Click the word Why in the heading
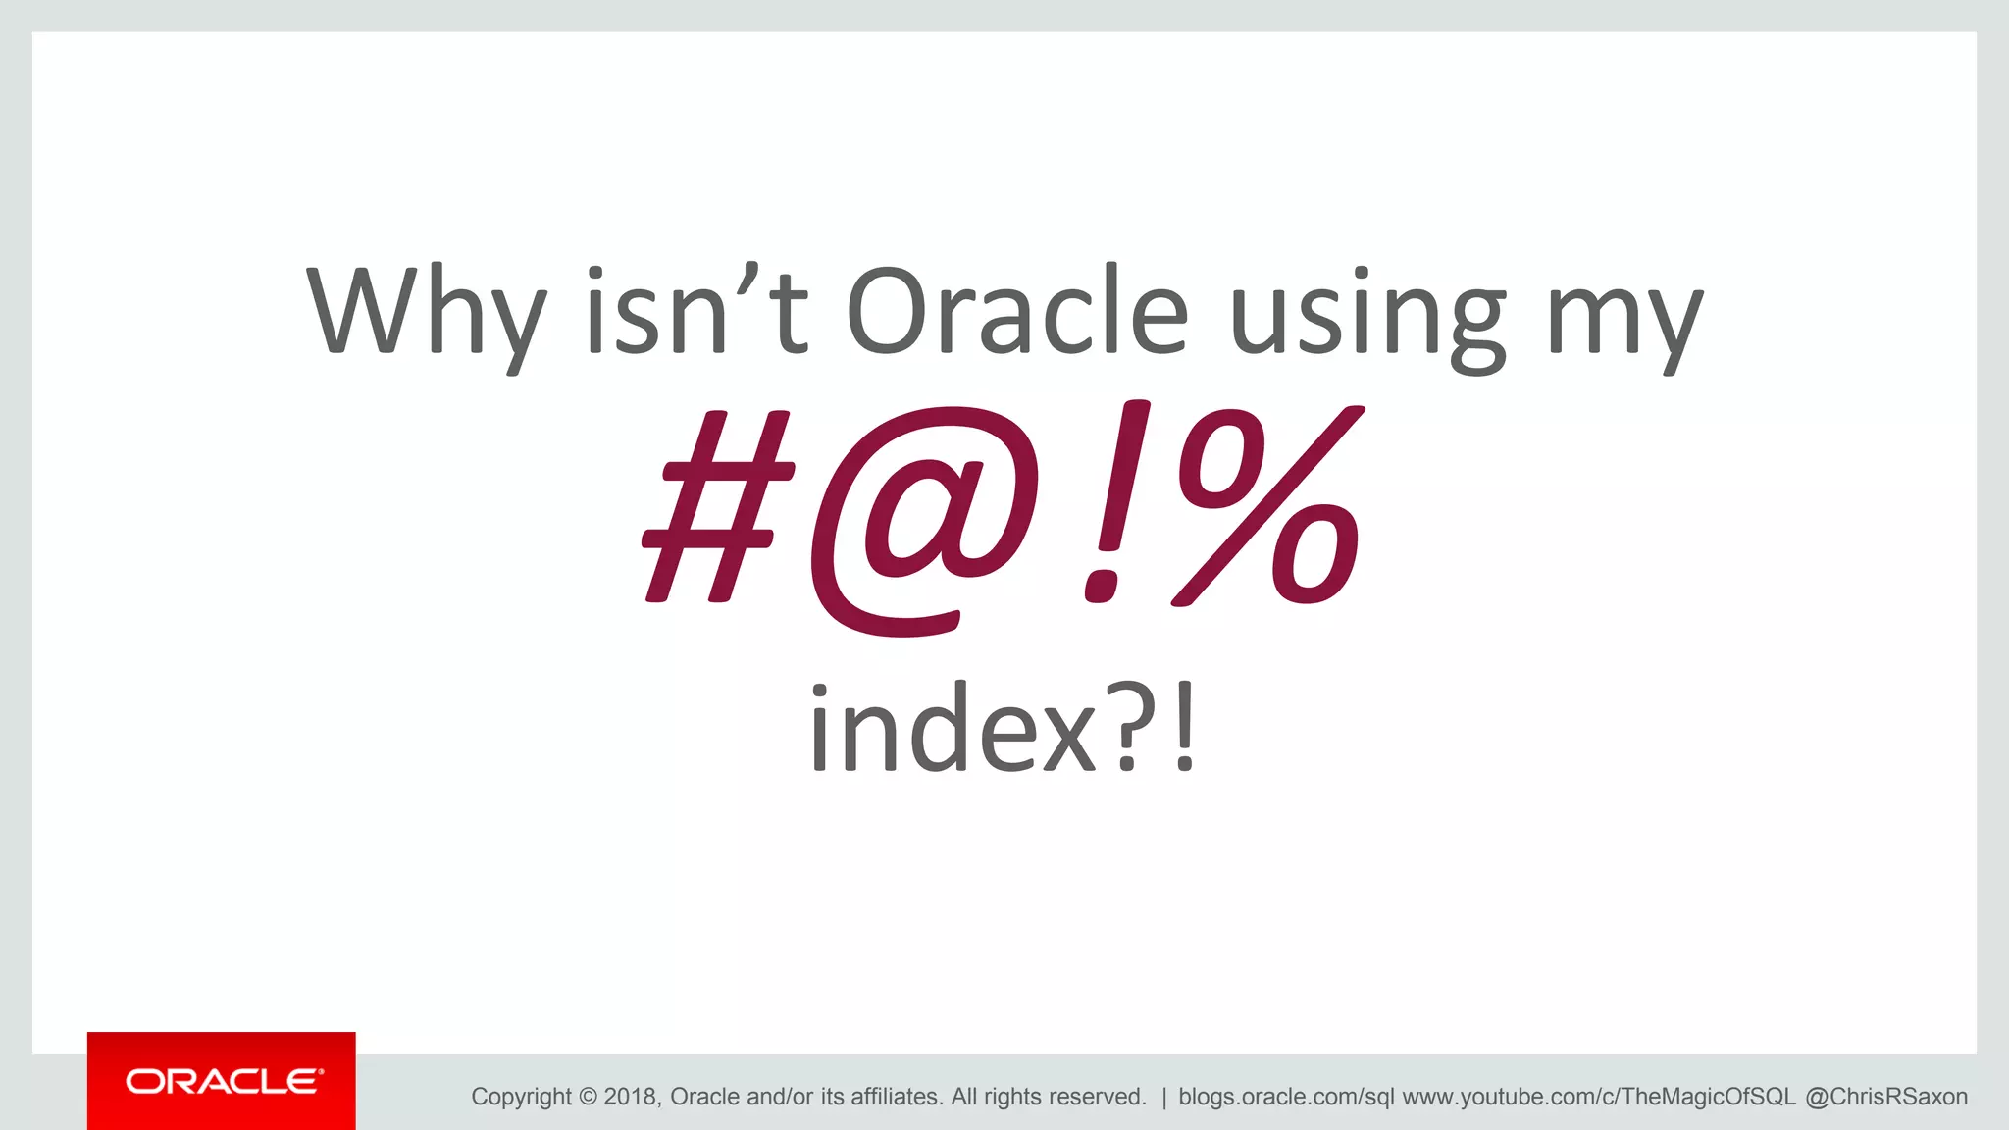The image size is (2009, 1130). [x=426, y=312]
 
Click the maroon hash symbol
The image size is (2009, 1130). [x=718, y=506]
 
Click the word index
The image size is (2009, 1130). [x=952, y=728]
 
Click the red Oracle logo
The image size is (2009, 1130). [x=222, y=1081]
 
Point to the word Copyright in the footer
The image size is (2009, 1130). [x=521, y=1097]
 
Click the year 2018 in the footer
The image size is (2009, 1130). [x=631, y=1097]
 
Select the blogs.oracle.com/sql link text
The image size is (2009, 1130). [x=1285, y=1097]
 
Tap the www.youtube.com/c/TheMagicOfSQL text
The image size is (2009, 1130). [x=1598, y=1097]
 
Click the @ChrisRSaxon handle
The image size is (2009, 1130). [x=1885, y=1097]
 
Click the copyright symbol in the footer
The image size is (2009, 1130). [x=588, y=1097]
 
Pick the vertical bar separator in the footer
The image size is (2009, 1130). [x=1163, y=1097]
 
